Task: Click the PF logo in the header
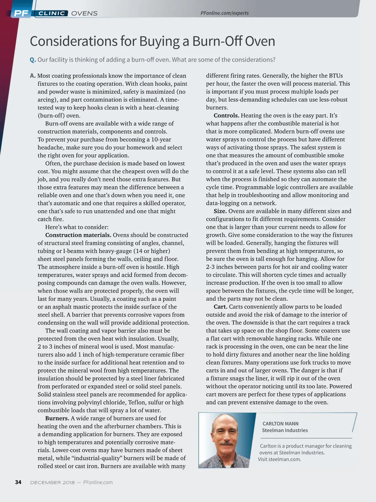21,13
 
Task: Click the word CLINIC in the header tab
52,13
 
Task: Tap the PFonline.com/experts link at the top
224,13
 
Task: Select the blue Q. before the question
33,60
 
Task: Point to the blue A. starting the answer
33,76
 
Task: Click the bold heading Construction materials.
78,235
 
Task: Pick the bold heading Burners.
57,418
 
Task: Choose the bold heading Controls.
226,115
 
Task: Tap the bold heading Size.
220,211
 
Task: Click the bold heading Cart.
220,307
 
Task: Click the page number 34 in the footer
18,482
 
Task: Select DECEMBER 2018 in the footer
52,483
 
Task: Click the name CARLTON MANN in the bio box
280,424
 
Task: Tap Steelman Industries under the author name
285,430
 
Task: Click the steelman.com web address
285,459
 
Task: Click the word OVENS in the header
84,13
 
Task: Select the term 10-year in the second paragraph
161,139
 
